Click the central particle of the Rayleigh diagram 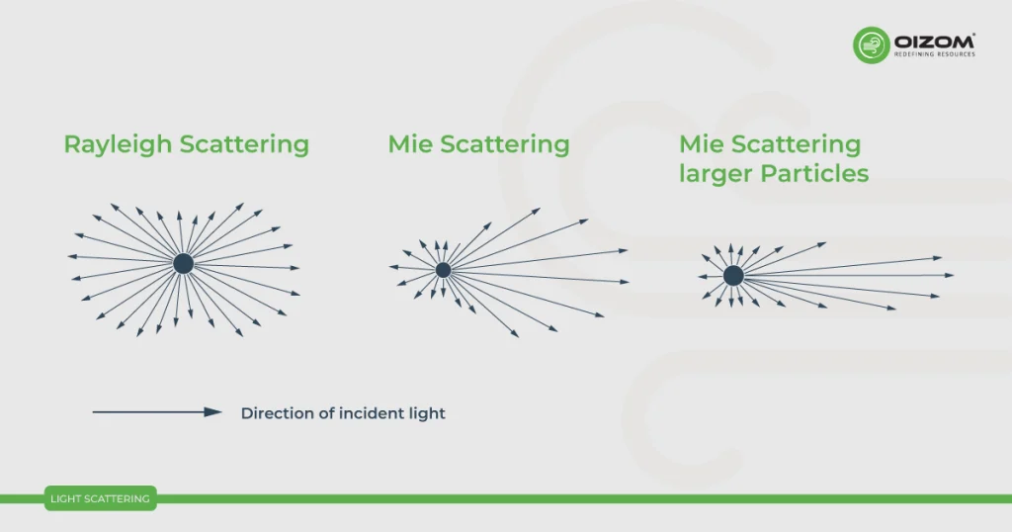point(183,263)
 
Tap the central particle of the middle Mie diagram point(443,269)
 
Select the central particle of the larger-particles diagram point(733,276)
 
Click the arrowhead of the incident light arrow point(213,412)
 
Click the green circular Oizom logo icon point(872,45)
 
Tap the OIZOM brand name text point(935,41)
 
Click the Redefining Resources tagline point(935,54)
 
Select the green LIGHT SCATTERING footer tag point(100,499)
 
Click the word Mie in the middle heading point(410,145)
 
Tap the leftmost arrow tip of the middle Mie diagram point(391,267)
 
